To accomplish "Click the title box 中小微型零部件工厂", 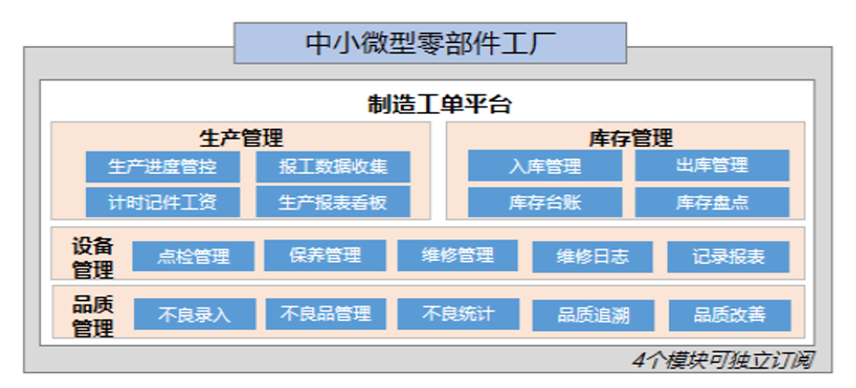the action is click(x=430, y=43).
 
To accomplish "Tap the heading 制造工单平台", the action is click(x=439, y=105).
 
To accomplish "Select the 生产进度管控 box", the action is click(x=163, y=166).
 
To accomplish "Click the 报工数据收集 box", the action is click(x=333, y=166).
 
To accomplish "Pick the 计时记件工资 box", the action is click(x=163, y=202).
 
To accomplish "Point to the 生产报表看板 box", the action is click(x=333, y=202).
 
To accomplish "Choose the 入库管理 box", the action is click(x=545, y=165).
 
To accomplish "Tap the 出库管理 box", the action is click(x=712, y=165).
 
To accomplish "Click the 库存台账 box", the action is click(x=545, y=202).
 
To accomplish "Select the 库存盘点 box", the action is click(x=712, y=202).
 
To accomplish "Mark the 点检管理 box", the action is click(x=193, y=256).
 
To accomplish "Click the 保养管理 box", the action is click(x=325, y=255).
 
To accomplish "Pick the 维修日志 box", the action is click(x=592, y=257).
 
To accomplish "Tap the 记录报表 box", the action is click(x=728, y=257).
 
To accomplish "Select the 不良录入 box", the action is click(x=195, y=314).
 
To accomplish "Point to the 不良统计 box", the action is click(x=459, y=314).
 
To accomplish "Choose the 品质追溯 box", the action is click(x=593, y=315).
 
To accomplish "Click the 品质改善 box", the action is click(x=730, y=315).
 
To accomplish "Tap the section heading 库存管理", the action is click(x=631, y=137).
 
